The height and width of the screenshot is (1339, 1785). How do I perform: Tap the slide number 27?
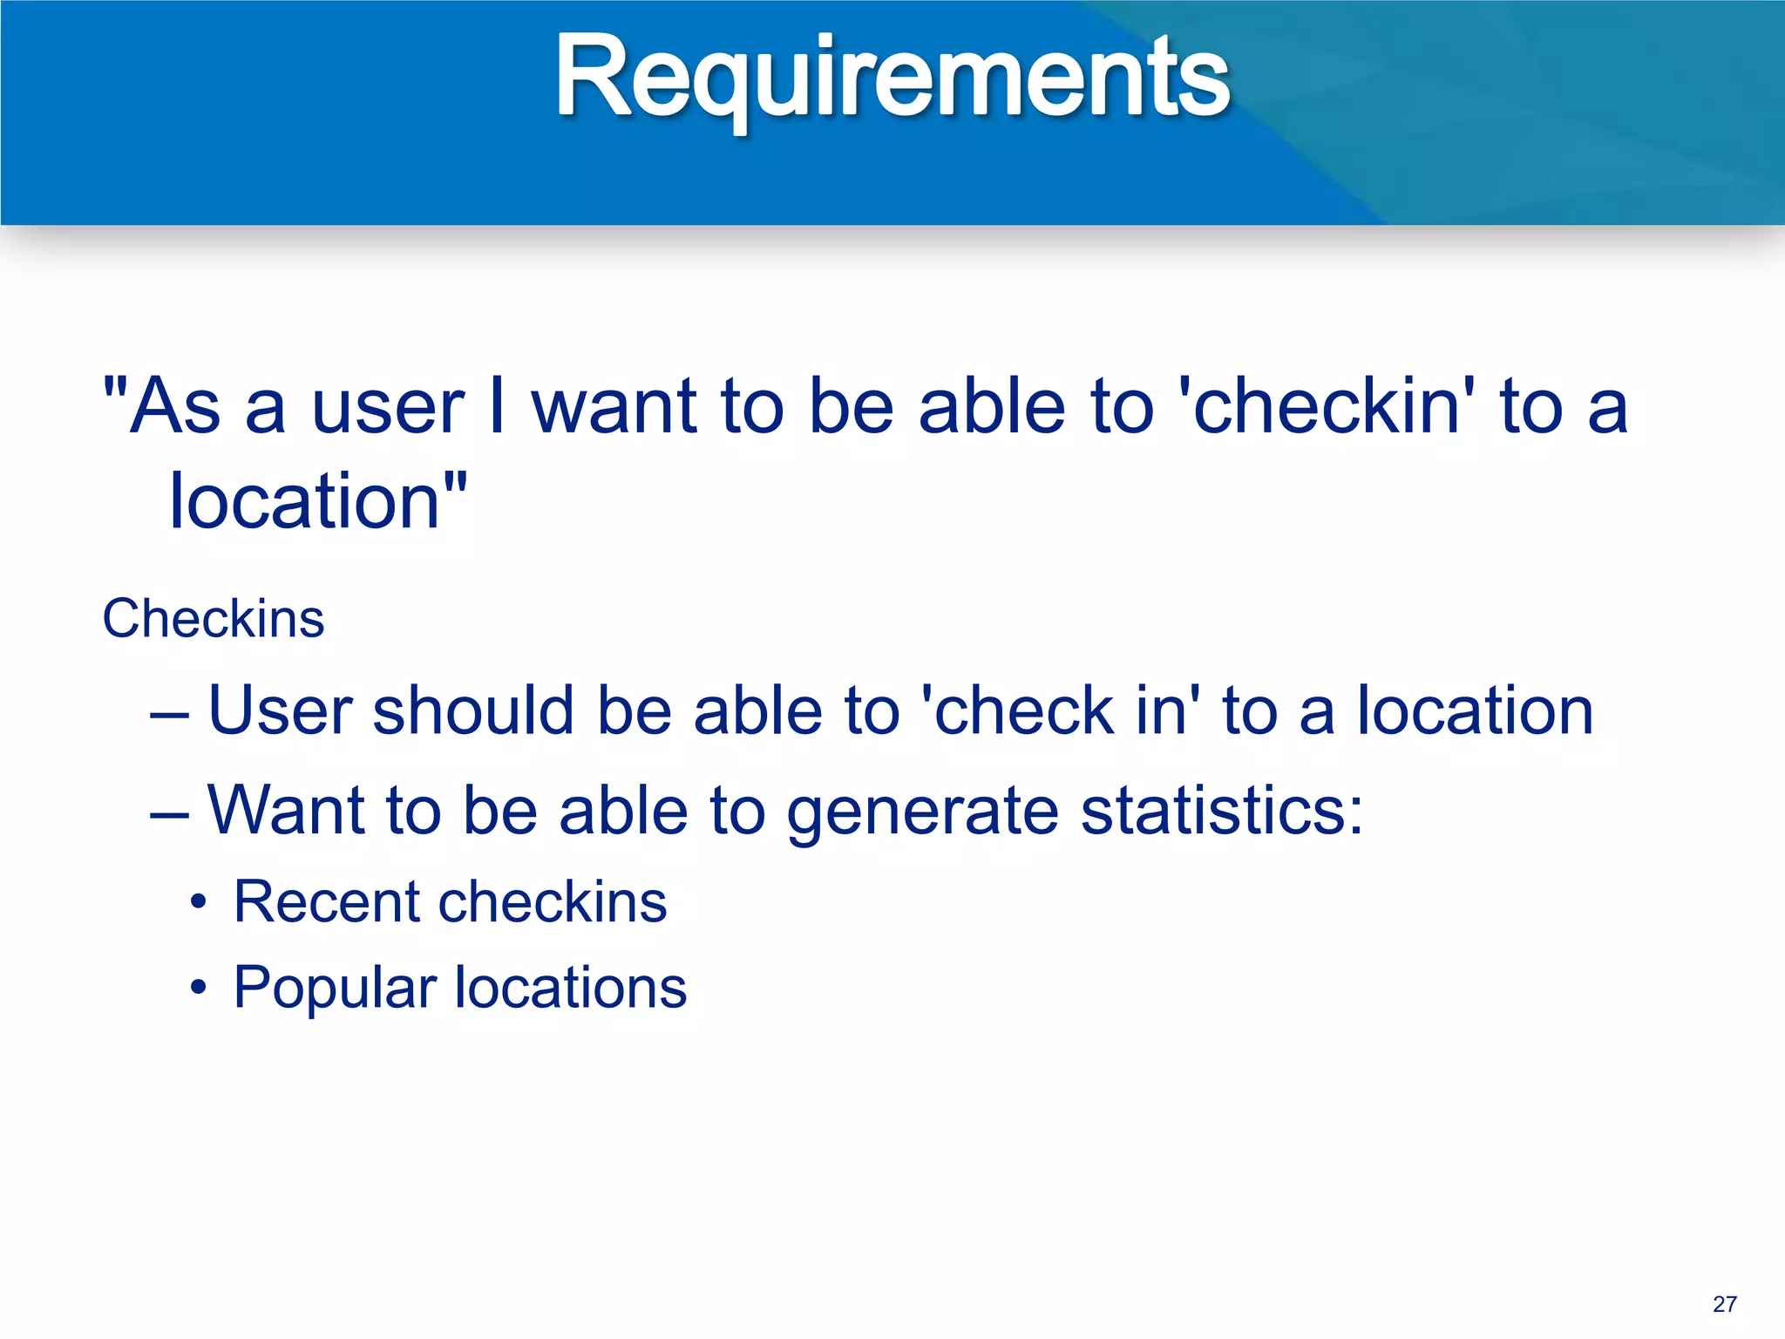1724,1304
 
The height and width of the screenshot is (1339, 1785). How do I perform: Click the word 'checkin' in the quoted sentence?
1326,406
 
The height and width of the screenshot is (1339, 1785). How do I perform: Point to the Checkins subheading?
214,619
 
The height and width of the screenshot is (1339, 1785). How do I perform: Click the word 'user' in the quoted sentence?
388,408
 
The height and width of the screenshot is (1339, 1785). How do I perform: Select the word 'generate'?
922,812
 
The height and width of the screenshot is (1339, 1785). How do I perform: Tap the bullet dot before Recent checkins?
200,903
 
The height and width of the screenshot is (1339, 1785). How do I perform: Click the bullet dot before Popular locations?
200,989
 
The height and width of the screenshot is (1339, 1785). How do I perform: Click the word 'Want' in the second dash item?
286,810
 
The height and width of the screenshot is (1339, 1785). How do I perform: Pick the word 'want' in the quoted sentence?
614,408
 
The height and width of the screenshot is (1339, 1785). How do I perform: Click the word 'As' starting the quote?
174,406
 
